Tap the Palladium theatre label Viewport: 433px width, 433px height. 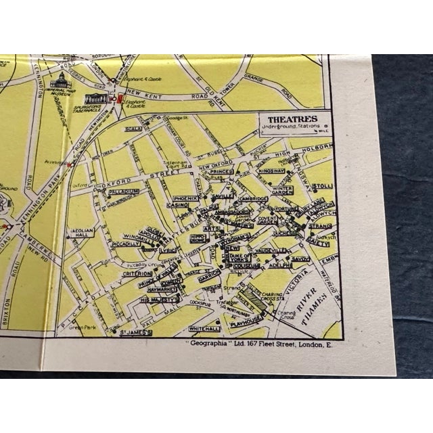point(124,191)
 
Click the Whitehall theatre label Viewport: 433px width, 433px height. point(204,329)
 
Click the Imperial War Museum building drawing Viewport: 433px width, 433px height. point(60,83)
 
